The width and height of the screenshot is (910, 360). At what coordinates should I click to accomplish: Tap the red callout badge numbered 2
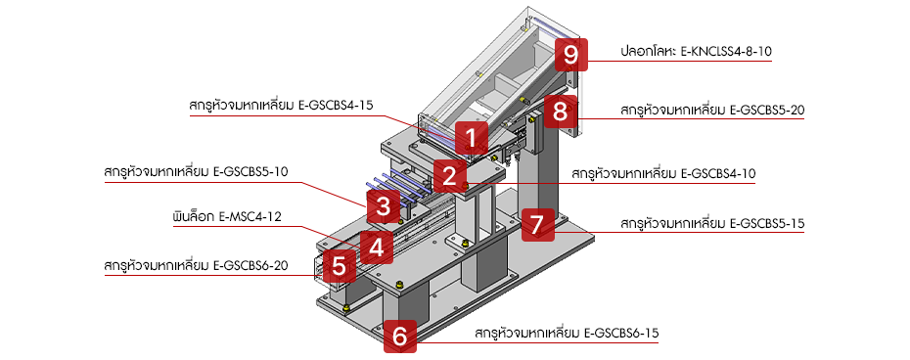(x=448, y=176)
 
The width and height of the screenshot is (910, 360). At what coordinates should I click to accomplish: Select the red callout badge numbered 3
(x=382, y=207)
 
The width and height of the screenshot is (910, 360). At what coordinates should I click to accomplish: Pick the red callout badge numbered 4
(x=376, y=245)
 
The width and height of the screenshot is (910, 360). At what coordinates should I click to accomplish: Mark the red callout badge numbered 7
(x=535, y=224)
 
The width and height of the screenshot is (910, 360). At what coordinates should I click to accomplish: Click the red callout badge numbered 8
(x=560, y=111)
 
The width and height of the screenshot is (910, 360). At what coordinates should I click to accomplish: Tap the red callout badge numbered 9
(x=569, y=54)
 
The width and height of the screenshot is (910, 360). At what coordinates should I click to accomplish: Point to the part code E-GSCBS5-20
(x=767, y=110)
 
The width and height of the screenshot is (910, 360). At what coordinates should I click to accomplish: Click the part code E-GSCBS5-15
(x=767, y=224)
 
